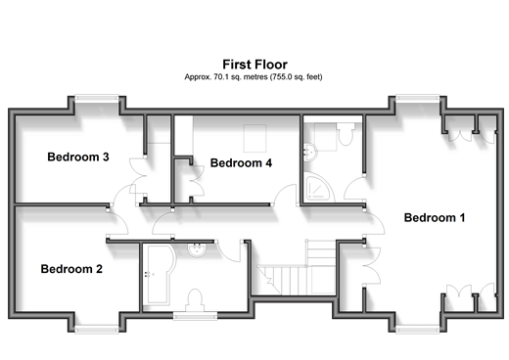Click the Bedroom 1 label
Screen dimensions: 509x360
pyautogui.click(x=435, y=217)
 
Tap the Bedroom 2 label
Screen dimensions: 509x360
pyautogui.click(x=71, y=269)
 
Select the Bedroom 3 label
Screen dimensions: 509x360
pyautogui.click(x=78, y=157)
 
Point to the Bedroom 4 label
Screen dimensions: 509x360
pyautogui.click(x=241, y=162)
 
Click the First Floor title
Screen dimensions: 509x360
pyautogui.click(x=254, y=65)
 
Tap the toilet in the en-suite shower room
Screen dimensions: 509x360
pyautogui.click(x=346, y=134)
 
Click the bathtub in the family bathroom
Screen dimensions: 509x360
pyautogui.click(x=160, y=275)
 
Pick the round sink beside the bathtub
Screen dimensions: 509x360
pyautogui.click(x=197, y=249)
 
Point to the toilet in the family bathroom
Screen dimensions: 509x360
pyautogui.click(x=195, y=300)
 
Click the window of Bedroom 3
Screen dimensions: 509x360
pyautogui.click(x=97, y=98)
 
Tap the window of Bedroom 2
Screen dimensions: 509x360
pyautogui.click(x=97, y=329)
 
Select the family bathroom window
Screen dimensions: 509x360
pyautogui.click(x=195, y=315)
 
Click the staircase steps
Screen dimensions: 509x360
pyautogui.click(x=297, y=267)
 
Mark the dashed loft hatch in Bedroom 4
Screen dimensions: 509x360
pyautogui.click(x=255, y=138)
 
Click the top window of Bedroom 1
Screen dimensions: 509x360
pyautogui.click(x=417, y=98)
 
